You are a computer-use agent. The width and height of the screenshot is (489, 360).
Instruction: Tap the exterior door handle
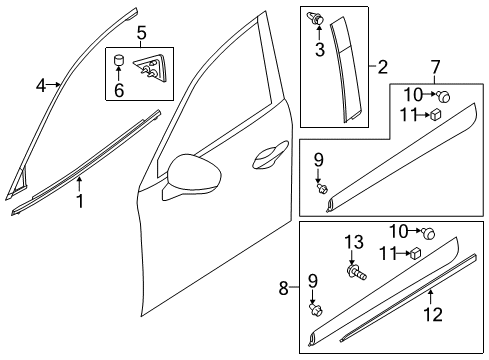click(270, 154)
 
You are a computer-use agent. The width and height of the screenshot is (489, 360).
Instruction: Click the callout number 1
click(80, 202)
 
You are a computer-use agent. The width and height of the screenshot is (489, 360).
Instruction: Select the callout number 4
click(41, 86)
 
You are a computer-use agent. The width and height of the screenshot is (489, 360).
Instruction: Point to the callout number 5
click(141, 33)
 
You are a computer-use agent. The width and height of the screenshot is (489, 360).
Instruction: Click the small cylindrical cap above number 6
click(119, 60)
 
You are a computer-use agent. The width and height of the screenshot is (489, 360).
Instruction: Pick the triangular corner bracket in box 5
click(147, 68)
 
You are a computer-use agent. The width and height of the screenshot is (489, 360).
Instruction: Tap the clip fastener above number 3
click(315, 18)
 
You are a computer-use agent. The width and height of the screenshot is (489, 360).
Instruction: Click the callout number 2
click(383, 67)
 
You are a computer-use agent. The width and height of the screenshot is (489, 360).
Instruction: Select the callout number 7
click(435, 68)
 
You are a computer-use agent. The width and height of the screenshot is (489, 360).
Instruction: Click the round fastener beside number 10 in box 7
click(444, 96)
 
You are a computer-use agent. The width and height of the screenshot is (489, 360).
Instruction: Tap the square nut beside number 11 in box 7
click(436, 114)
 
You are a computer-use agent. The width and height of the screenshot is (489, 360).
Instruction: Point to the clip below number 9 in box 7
click(322, 189)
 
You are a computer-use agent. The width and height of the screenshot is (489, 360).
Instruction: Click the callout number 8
click(284, 288)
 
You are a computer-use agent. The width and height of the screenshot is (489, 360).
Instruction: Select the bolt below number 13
click(356, 272)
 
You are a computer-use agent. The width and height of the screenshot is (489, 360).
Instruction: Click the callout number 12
click(433, 315)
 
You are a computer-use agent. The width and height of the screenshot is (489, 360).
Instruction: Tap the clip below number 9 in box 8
click(316, 309)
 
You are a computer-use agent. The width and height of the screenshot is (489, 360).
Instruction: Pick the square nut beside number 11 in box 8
click(415, 253)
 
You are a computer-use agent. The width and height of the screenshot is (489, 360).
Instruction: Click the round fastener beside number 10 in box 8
click(428, 232)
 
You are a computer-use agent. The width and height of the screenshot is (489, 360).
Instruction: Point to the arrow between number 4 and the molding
click(54, 85)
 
